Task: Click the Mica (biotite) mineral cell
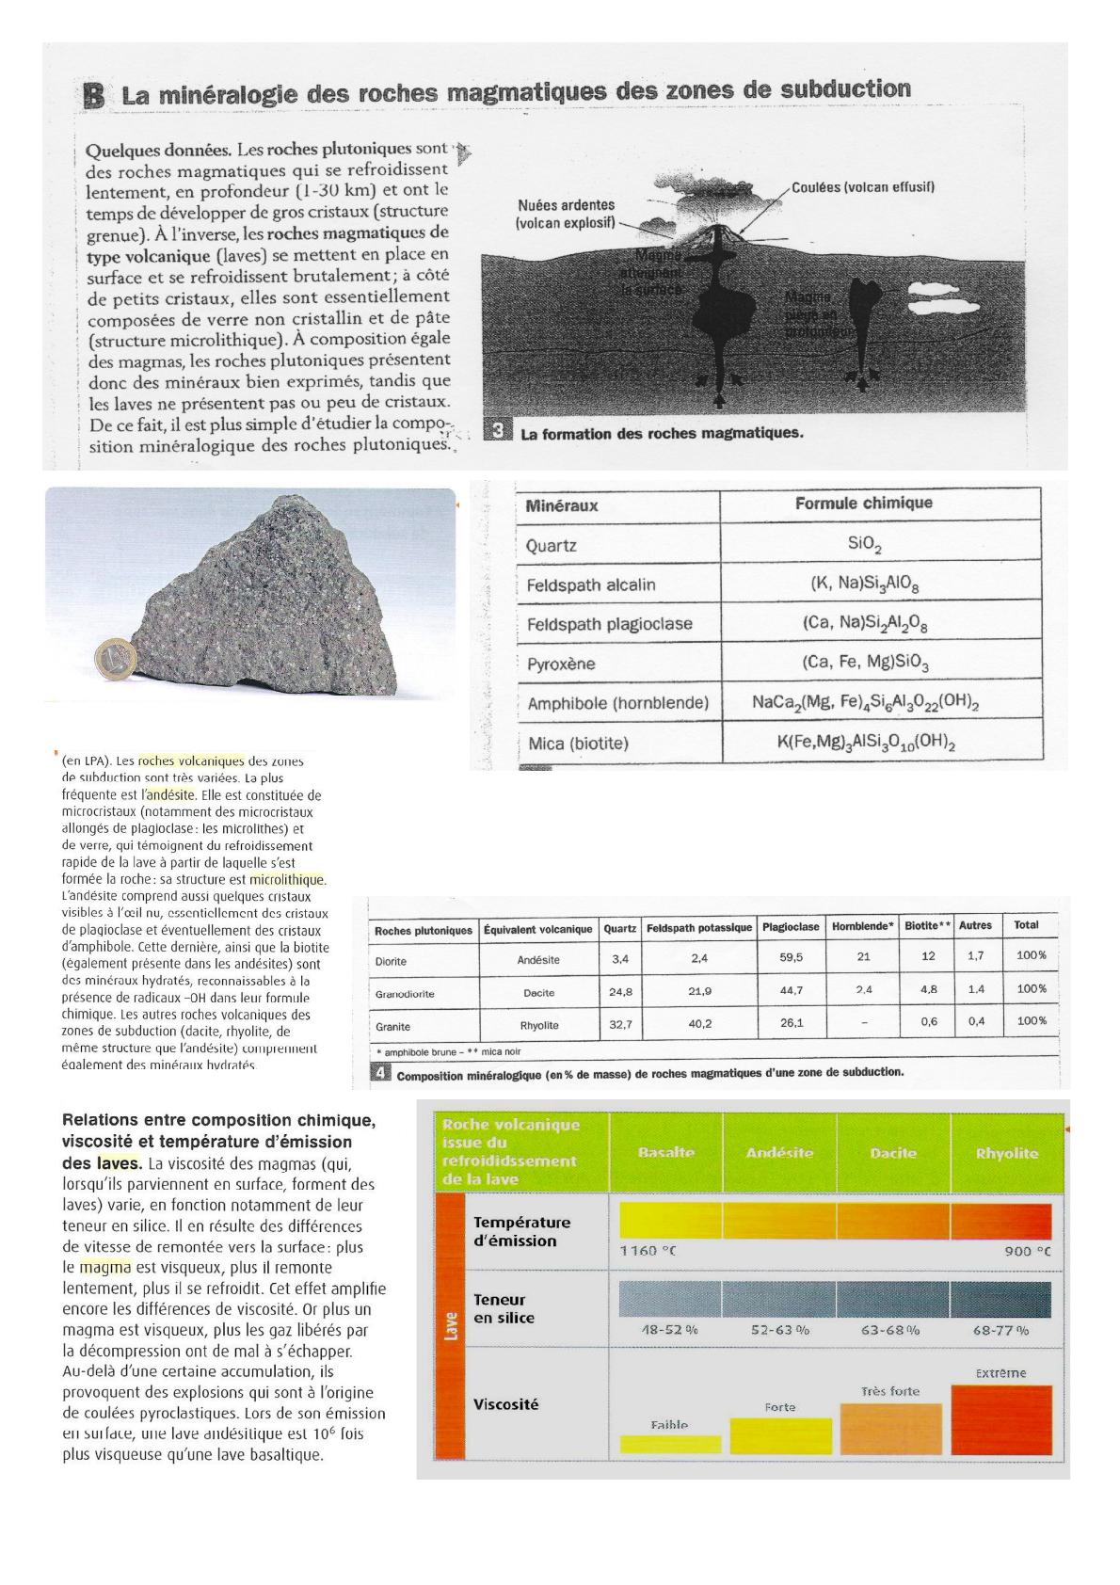pyautogui.click(x=578, y=744)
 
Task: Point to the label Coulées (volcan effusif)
pyautogui.click(x=862, y=186)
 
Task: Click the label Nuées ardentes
pyautogui.click(x=566, y=204)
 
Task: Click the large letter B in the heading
pyautogui.click(x=93, y=95)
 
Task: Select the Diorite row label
pyautogui.click(x=392, y=962)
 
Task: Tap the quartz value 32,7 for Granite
pyautogui.click(x=619, y=1023)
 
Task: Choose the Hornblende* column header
pyautogui.click(x=862, y=927)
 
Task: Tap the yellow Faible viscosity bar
pyautogui.click(x=670, y=1443)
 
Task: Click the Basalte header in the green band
pyautogui.click(x=665, y=1153)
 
